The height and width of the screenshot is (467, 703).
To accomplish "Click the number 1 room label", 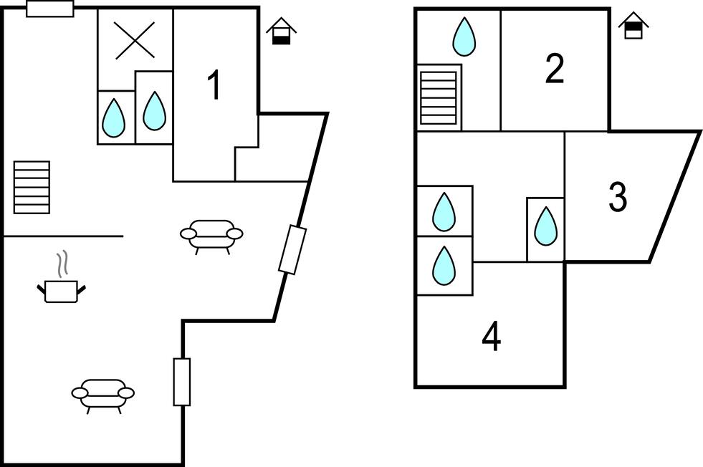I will (x=214, y=87).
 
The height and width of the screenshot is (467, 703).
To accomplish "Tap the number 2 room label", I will (x=554, y=69).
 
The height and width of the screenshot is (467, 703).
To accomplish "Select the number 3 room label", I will (x=618, y=197).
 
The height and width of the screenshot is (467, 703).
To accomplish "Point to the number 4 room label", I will (x=491, y=337).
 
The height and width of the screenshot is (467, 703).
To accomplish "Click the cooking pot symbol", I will (x=62, y=290).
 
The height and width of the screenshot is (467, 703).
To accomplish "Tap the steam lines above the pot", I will (x=63, y=263).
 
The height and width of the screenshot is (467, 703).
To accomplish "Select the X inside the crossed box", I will (x=135, y=39).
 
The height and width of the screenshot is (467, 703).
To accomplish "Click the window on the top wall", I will (x=50, y=9).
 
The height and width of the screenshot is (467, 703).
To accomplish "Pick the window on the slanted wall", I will (x=292, y=249).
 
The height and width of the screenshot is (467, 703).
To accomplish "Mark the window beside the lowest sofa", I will (x=182, y=382).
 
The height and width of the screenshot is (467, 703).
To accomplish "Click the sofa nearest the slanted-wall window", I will (x=211, y=235).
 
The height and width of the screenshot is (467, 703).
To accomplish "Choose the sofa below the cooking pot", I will (x=103, y=394).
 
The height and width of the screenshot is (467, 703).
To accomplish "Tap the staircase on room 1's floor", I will (x=32, y=187).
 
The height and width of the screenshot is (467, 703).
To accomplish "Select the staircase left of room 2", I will (x=438, y=97).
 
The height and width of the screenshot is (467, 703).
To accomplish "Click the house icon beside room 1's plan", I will (x=282, y=32).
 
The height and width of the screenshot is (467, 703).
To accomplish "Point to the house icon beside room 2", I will (x=633, y=27).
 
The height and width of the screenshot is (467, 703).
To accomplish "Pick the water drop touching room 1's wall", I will (x=154, y=111).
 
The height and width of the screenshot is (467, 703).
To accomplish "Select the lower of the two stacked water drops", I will (x=444, y=265).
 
